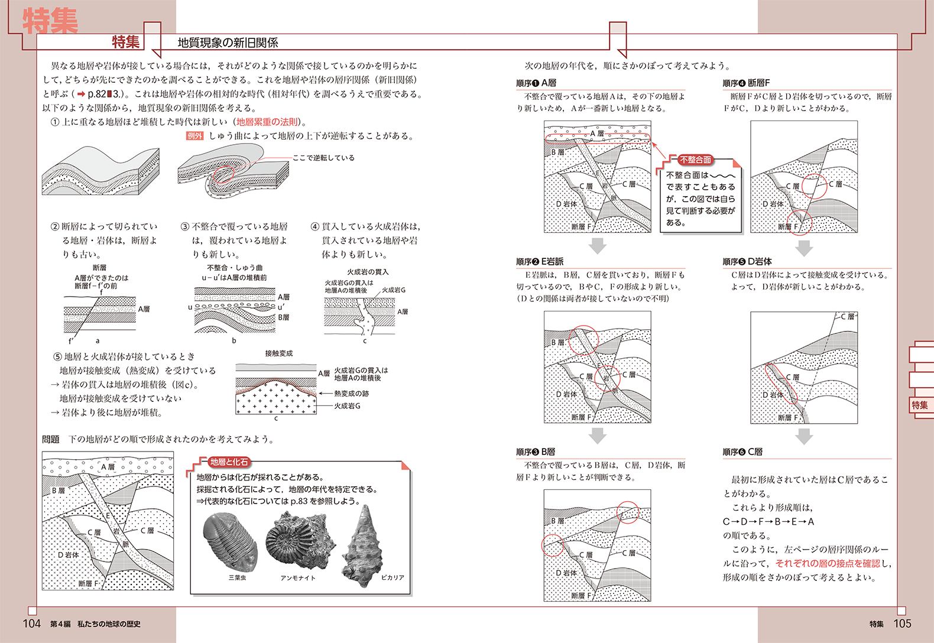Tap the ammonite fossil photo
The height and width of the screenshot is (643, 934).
[x=296, y=541]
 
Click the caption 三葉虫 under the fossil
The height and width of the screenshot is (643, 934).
[x=237, y=577]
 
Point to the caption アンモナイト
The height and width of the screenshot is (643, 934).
[x=298, y=577]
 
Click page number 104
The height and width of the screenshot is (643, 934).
[x=31, y=623]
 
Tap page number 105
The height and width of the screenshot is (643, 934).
[x=902, y=623]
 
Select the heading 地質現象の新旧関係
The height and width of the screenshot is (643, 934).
[x=228, y=43]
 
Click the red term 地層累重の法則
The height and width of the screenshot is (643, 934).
[x=267, y=122]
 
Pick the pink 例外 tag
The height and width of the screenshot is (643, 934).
[x=194, y=136]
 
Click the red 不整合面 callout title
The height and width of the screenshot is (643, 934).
[x=695, y=160]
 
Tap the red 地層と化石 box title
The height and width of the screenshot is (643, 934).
[x=229, y=462]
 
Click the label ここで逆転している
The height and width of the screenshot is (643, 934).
[x=323, y=158]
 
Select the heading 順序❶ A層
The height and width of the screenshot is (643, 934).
[x=536, y=83]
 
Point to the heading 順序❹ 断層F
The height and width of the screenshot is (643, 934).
[x=746, y=83]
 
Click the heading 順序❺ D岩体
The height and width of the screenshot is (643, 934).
[x=747, y=261]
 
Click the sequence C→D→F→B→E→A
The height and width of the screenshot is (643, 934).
[x=768, y=521]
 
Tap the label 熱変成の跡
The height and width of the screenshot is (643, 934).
[x=351, y=394]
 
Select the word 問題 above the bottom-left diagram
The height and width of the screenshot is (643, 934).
[x=51, y=439]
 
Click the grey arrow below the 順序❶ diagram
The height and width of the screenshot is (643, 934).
[x=598, y=245]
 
